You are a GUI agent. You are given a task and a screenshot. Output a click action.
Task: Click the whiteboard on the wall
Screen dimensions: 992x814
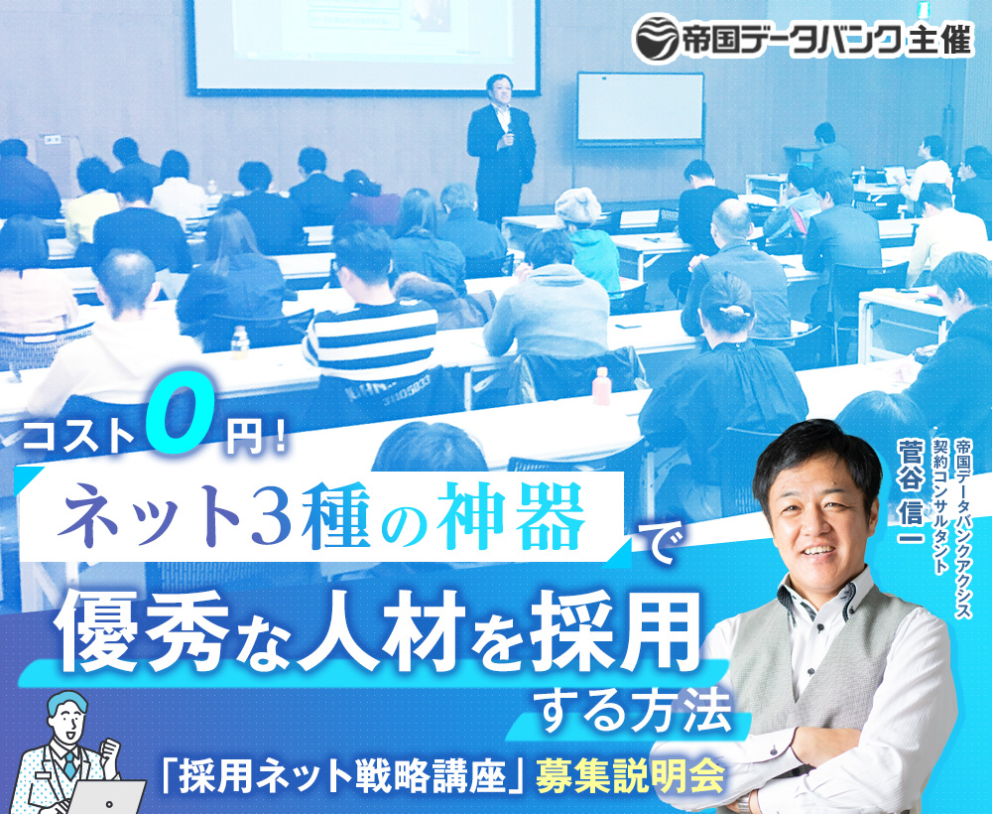coord(640,107)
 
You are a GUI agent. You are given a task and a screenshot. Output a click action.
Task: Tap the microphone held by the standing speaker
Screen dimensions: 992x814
coord(509,139)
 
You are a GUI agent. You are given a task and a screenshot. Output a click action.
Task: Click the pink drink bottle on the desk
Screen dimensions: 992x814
coord(601,385)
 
